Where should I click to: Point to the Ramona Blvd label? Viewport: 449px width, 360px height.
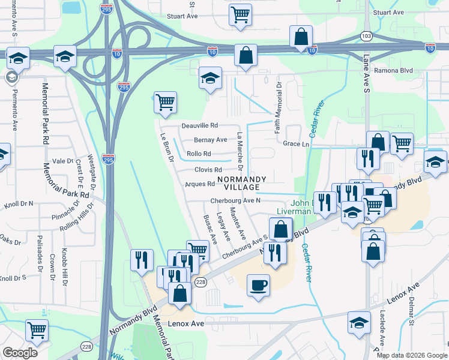click(396, 70)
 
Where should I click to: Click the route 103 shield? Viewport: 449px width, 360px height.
click(366, 37)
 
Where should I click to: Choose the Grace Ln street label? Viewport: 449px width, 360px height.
click(296, 144)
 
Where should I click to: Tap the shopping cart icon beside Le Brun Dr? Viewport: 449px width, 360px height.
click(164, 101)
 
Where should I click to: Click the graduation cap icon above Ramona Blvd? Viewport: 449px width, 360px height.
click(210, 79)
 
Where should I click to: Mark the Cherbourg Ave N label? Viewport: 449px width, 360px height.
click(235, 201)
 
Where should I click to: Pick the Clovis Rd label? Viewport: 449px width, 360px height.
click(208, 170)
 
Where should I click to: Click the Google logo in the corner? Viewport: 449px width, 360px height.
click(20, 353)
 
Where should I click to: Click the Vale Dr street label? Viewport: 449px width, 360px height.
click(62, 161)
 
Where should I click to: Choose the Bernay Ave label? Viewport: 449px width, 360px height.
click(210, 140)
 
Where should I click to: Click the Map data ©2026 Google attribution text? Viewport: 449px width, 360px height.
click(412, 355)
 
